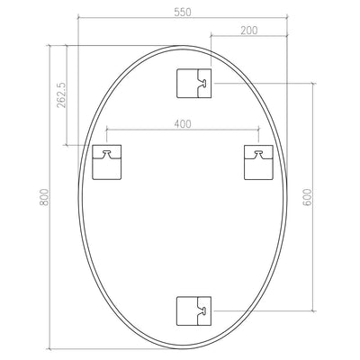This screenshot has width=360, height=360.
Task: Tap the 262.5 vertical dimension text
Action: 61,93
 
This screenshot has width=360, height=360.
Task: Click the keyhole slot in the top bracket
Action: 205,84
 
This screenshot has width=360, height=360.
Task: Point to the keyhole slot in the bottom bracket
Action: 205,311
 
